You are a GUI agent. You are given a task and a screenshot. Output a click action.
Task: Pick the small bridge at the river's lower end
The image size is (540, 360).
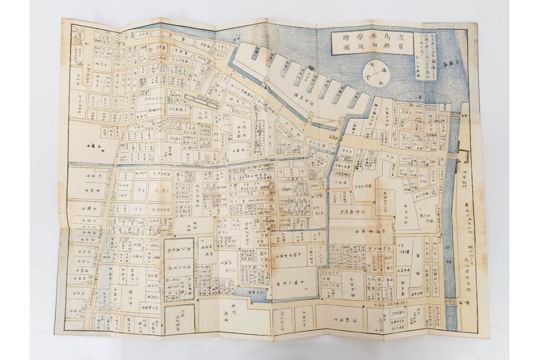[450, 300]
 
